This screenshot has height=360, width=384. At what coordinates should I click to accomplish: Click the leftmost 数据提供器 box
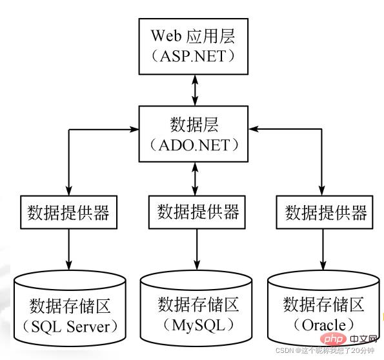coord(69,211)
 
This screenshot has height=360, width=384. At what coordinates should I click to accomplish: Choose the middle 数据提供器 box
coord(197,211)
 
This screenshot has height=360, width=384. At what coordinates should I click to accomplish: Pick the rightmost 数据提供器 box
coord(325,211)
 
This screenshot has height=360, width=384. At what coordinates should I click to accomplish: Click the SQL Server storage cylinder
coord(70,310)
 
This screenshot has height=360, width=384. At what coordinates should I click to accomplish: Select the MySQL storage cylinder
coord(197,310)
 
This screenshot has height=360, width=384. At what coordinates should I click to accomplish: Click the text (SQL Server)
coord(70,326)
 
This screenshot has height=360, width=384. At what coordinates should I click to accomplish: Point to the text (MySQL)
coord(197,326)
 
